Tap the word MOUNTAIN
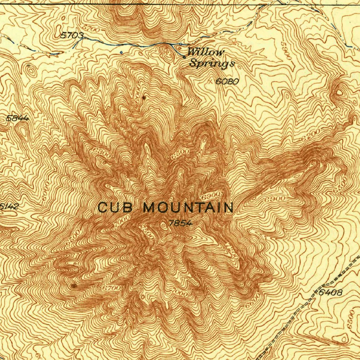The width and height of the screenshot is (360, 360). pos(188,208)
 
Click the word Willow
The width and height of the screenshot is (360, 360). pos(206,52)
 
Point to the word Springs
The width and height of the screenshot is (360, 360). pos(212,64)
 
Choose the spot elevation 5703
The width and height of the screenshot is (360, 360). pos(72,36)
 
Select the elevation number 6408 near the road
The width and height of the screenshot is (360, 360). pos(330,292)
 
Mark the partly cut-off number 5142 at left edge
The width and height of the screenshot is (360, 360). pos(8,207)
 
